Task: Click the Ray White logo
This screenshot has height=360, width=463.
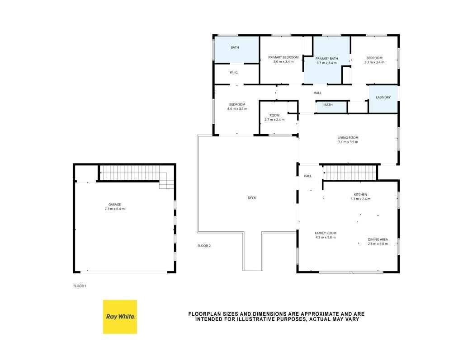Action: pyautogui.click(x=120, y=317)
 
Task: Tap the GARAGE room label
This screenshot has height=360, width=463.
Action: pyautogui.click(x=114, y=205)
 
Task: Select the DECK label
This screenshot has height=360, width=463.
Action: pyautogui.click(x=252, y=198)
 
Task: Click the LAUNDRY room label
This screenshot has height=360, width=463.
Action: pyautogui.click(x=383, y=98)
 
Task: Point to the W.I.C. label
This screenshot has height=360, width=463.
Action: pyautogui.click(x=234, y=73)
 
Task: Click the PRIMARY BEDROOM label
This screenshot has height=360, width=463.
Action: pyautogui.click(x=283, y=57)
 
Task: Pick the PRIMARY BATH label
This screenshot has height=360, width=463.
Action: pyautogui.click(x=326, y=58)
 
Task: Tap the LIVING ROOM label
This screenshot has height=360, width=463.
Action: pyautogui.click(x=348, y=137)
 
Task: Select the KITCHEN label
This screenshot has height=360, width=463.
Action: pyautogui.click(x=360, y=195)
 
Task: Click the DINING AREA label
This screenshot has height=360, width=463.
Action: pyautogui.click(x=378, y=239)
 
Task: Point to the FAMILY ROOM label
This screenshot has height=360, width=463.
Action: pyautogui.click(x=326, y=233)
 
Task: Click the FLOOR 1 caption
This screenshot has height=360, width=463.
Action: pyautogui.click(x=80, y=286)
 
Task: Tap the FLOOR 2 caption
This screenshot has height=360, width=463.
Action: pyautogui.click(x=204, y=246)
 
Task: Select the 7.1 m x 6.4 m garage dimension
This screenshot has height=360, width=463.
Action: pyautogui.click(x=114, y=209)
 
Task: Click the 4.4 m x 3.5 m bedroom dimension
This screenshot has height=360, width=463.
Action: pyautogui.click(x=237, y=108)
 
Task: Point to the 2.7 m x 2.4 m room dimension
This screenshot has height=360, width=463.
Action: pyautogui.click(x=274, y=120)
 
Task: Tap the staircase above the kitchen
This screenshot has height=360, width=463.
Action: pyautogui.click(x=350, y=173)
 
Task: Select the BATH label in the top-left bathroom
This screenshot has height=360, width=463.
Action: pyautogui.click(x=235, y=47)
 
